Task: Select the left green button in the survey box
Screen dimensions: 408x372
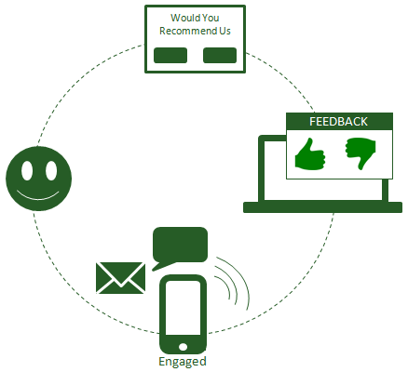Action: click(x=170, y=55)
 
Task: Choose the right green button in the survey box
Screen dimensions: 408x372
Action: click(x=220, y=55)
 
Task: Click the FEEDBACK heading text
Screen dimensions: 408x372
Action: click(x=338, y=122)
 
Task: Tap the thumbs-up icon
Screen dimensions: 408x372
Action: click(x=310, y=154)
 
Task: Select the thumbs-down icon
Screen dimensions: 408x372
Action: click(x=360, y=153)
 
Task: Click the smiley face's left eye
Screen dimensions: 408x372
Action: click(x=27, y=170)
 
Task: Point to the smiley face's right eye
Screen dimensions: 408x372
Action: click(x=51, y=170)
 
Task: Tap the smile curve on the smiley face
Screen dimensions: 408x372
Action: click(x=38, y=199)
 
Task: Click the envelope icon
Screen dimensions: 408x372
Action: click(x=121, y=278)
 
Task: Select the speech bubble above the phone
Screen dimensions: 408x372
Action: click(x=180, y=246)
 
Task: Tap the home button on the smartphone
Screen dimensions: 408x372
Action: click(x=183, y=347)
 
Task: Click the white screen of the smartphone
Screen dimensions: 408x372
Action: click(x=183, y=308)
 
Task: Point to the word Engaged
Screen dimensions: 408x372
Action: click(x=183, y=362)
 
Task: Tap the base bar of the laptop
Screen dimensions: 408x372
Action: click(x=322, y=207)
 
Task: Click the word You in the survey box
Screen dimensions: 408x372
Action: click(x=211, y=18)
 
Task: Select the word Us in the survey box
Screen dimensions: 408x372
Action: click(x=224, y=31)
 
